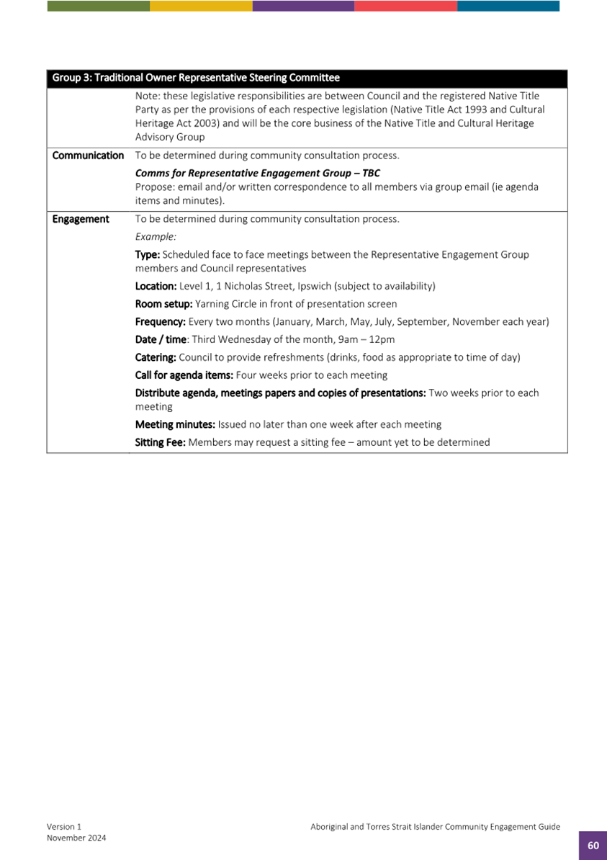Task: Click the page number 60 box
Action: tap(593, 846)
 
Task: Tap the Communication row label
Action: tap(88, 156)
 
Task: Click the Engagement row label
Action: tap(81, 219)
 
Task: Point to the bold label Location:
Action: tap(156, 286)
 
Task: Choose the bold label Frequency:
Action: tap(161, 322)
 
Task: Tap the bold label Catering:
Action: tap(156, 357)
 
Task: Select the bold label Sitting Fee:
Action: tap(161, 442)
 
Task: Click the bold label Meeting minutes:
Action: tap(176, 424)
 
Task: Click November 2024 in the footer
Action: tap(76, 838)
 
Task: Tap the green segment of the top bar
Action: tap(99, 6)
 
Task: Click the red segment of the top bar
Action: tap(405, 6)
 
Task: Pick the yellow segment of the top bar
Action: tap(201, 6)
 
